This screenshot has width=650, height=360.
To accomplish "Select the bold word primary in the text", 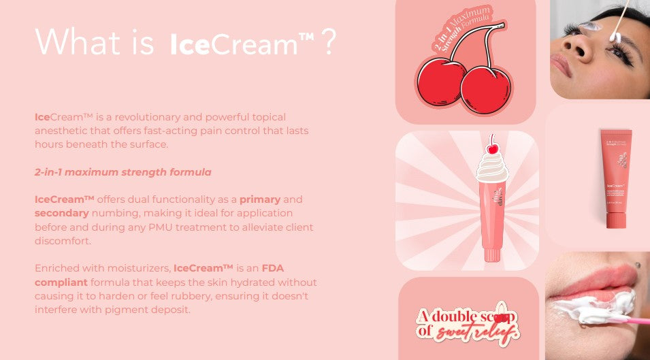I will point(259,199).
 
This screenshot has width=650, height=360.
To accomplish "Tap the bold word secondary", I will point(62,213).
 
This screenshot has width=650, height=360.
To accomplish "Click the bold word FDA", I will point(272,268).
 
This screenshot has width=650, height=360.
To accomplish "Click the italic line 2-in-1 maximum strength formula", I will point(123,171).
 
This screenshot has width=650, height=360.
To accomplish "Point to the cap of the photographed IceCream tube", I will point(617,220).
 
